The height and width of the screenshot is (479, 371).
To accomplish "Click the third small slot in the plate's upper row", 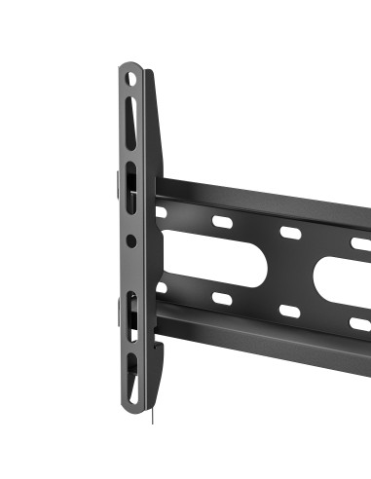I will point(290,234).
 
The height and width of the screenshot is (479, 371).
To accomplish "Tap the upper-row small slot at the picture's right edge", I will point(360,244).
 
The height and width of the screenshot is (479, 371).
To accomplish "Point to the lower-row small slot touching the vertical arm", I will point(161,288).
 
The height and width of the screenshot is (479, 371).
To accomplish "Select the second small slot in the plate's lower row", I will point(222,300).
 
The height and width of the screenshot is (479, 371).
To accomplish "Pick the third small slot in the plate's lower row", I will point(290,312).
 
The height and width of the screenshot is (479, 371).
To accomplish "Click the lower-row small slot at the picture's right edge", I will point(360,323).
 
